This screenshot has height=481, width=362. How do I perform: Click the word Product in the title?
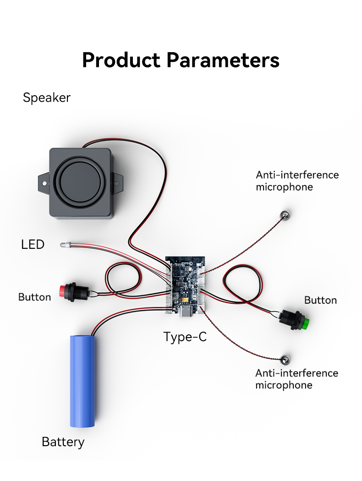[x=121, y=60]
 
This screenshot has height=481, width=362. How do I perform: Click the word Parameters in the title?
[x=223, y=60]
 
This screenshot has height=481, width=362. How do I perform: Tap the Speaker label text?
[x=47, y=98]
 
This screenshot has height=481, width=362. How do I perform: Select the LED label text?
[x=33, y=245]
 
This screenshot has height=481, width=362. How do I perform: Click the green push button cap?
[x=304, y=324]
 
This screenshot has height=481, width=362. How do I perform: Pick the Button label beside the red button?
[x=34, y=297]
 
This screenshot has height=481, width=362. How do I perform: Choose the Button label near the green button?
[x=320, y=301]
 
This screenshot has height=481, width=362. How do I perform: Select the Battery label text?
[x=63, y=442]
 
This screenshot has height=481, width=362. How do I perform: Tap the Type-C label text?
[x=185, y=338]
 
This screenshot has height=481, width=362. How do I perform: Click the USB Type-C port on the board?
[x=186, y=312]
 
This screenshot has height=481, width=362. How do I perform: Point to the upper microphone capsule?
[x=285, y=213]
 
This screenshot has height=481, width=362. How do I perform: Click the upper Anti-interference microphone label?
[x=297, y=181]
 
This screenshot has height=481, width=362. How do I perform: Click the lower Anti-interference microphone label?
[x=296, y=379]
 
